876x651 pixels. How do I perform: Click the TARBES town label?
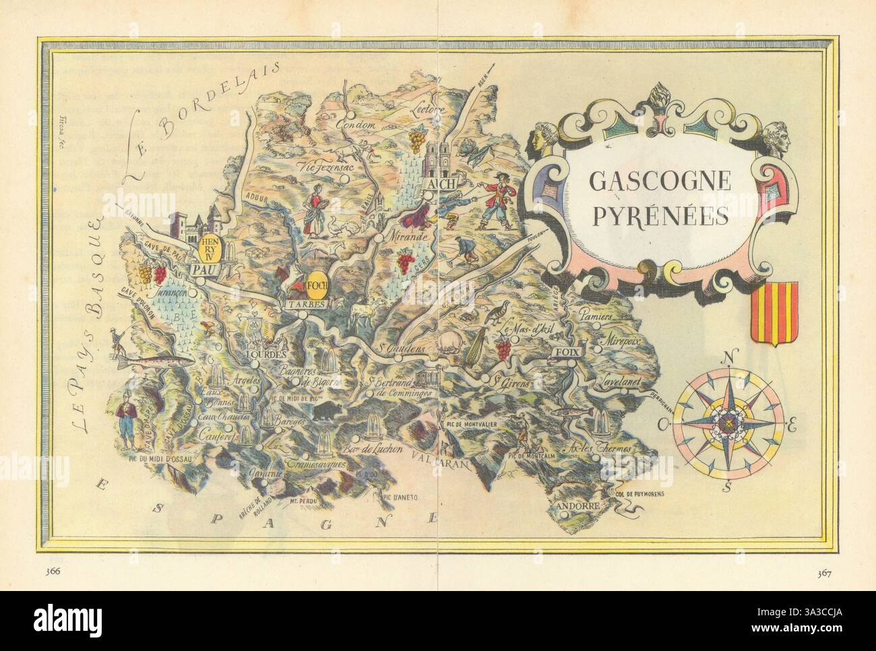307,304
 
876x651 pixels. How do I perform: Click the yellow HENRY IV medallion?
208,247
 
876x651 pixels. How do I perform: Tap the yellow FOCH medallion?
316,286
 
